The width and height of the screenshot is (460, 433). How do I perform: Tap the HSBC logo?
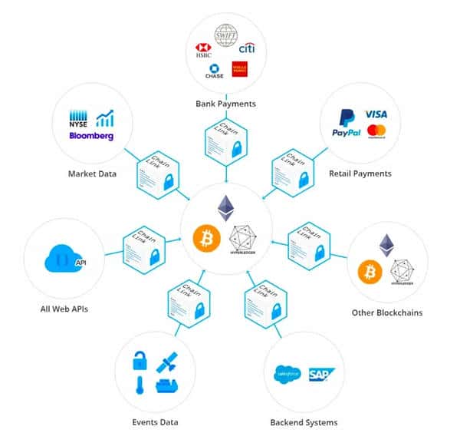(204, 50)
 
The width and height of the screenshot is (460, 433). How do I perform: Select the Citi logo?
(248, 49)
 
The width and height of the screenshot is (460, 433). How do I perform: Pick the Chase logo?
(214, 71)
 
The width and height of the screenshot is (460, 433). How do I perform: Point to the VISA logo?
(376, 114)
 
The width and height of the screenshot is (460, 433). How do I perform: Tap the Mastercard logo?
(376, 131)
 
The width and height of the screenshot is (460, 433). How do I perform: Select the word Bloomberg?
(91, 136)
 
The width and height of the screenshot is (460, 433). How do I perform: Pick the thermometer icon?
(141, 385)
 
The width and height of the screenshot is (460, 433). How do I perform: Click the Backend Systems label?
(304, 422)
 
